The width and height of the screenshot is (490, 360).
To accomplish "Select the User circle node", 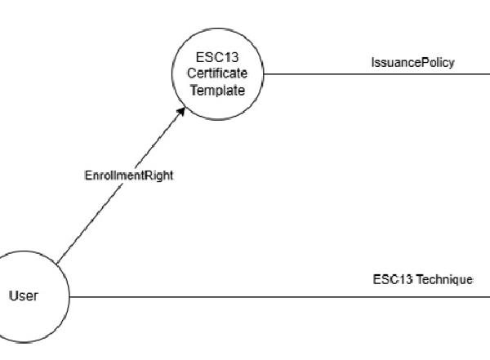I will [x=24, y=296].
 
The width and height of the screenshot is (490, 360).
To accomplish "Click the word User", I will [x=23, y=296].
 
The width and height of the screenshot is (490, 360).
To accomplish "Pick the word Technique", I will [x=445, y=280].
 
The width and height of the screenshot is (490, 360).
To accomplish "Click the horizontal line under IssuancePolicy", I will [x=376, y=74].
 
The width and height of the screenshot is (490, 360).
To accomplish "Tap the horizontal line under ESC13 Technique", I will [x=278, y=296].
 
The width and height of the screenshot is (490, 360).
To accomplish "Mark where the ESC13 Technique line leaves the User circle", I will [x=70, y=296].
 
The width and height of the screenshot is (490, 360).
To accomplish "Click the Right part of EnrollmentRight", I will [x=159, y=176].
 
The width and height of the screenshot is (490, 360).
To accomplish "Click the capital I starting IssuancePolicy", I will [x=372, y=63].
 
